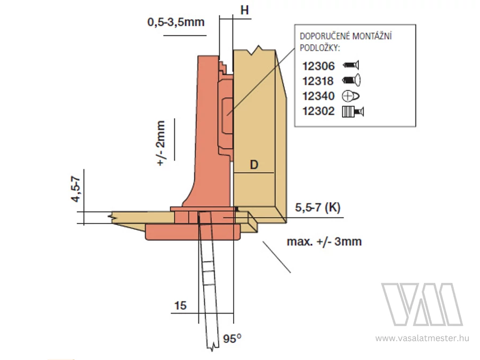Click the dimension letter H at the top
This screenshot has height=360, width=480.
coord(245,11)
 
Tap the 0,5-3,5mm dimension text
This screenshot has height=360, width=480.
coord(176,22)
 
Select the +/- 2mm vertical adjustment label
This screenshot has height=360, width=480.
coord(161,143)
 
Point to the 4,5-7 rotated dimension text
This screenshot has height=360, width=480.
coord(76,189)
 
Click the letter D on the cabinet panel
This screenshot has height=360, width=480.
coord(254,165)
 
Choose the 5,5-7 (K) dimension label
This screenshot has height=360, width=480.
coord(318,207)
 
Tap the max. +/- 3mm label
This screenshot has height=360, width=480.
coord(324,242)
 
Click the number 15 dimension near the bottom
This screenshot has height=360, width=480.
coord(180,306)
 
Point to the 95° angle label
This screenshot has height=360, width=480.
coord(232,339)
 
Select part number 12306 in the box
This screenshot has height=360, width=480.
coord(319,66)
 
